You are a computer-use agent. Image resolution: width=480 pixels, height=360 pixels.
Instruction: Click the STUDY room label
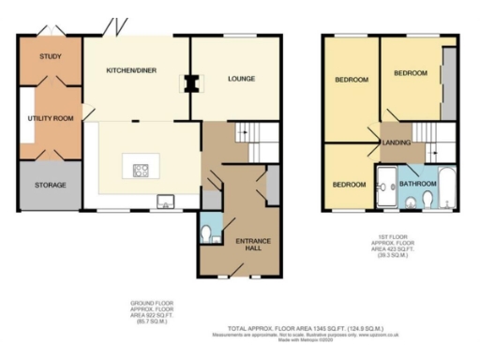pyautogui.click(x=50, y=57)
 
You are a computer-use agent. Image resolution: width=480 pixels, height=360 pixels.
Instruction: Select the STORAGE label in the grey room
pyautogui.click(x=50, y=186)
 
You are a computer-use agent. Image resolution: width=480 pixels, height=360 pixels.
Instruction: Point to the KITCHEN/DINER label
pyautogui.click(x=130, y=70)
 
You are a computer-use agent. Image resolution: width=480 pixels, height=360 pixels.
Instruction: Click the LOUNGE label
pyautogui.click(x=241, y=80)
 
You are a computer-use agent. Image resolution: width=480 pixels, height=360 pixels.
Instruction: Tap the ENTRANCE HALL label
pyautogui.click(x=252, y=247)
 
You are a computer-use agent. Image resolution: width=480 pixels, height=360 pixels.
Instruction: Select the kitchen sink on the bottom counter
pyautogui.click(x=165, y=200)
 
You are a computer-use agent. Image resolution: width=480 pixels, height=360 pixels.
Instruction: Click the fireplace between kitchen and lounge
pyautogui.click(x=191, y=84)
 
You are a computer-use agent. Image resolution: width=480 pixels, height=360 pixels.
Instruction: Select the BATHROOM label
pyautogui.click(x=418, y=184)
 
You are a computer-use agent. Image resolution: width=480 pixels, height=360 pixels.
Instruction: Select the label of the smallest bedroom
pyautogui.click(x=349, y=185)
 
